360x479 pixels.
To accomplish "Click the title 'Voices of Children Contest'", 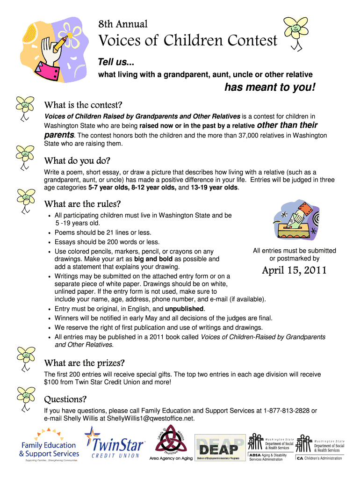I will tap(187, 41).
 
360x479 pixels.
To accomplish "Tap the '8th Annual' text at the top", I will tap(122, 23).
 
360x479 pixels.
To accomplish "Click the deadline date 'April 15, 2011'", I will tap(294, 270).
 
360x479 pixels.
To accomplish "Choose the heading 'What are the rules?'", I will tap(82, 204).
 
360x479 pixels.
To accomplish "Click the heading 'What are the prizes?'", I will tap(84, 363).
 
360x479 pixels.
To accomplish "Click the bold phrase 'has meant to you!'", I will tap(270, 87).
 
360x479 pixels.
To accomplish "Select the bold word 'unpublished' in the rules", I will tap(184, 309).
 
